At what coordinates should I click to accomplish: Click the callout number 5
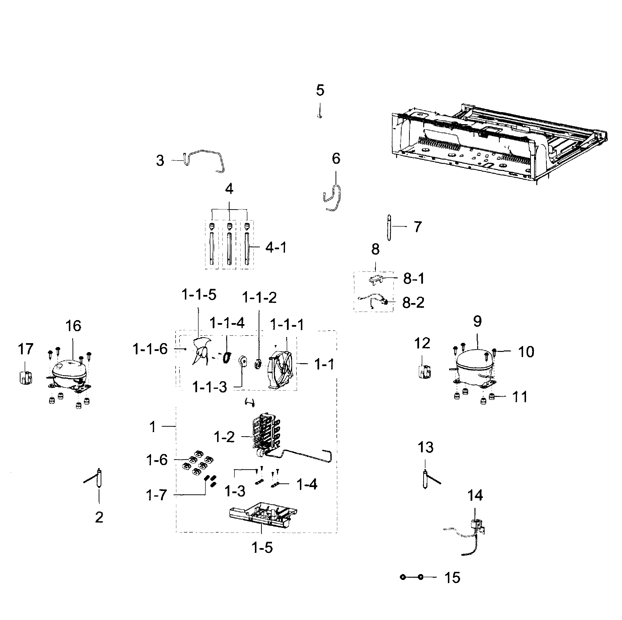pyautogui.click(x=320, y=91)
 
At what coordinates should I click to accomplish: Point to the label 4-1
pyautogui.click(x=276, y=248)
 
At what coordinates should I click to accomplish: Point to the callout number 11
pyautogui.click(x=520, y=397)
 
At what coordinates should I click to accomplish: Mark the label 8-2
pyautogui.click(x=413, y=303)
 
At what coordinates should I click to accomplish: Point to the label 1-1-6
pyautogui.click(x=150, y=349)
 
